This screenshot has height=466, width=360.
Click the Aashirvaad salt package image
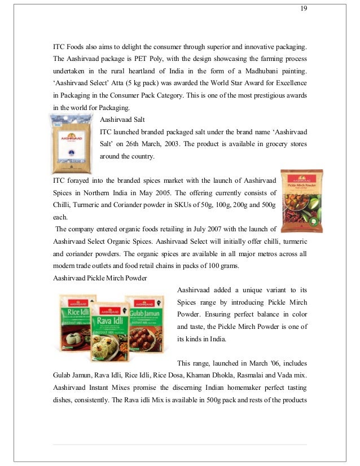tap(73, 143)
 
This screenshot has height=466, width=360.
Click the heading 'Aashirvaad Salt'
tap(122, 119)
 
